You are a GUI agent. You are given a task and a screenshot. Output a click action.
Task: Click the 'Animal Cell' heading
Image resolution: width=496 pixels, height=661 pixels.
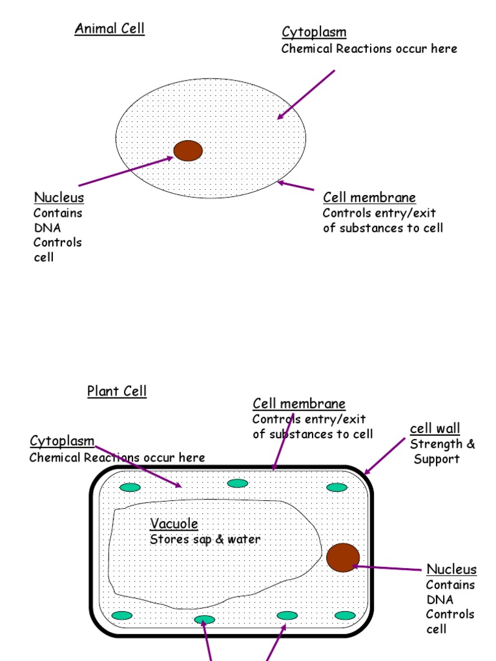click(109, 28)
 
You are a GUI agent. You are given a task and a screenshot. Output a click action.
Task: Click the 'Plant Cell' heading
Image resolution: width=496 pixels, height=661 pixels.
click(117, 391)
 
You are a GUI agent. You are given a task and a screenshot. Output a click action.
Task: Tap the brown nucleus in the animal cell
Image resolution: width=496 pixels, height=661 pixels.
click(188, 150)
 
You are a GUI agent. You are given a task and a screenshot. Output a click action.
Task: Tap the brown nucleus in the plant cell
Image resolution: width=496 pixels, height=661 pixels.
click(343, 557)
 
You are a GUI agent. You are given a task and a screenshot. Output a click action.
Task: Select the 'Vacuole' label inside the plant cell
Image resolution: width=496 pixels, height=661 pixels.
click(174, 524)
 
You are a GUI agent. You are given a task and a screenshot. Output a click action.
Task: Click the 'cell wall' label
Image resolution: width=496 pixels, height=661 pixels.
click(435, 429)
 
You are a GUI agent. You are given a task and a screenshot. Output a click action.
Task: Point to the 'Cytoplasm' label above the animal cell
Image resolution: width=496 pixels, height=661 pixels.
click(314, 32)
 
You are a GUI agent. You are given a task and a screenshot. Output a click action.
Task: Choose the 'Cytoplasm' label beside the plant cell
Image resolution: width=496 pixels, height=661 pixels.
click(62, 441)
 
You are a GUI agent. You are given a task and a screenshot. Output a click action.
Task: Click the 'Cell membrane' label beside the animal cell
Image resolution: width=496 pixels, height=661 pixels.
click(369, 198)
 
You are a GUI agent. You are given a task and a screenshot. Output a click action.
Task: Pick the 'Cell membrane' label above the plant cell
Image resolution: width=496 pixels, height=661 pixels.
click(299, 403)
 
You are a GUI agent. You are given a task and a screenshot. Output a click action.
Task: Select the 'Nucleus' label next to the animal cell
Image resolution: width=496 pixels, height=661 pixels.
click(59, 198)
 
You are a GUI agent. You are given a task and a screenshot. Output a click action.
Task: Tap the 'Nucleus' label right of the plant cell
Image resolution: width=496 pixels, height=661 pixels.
click(451, 569)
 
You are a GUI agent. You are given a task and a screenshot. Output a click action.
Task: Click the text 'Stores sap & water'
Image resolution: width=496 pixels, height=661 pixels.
click(205, 539)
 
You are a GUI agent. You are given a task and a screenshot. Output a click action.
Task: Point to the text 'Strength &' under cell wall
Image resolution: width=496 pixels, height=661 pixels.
click(442, 444)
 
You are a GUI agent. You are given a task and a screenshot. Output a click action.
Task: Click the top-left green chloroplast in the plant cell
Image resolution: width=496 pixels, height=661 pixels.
click(130, 487)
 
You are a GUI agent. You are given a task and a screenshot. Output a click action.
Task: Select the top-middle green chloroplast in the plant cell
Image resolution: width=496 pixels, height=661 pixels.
click(238, 483)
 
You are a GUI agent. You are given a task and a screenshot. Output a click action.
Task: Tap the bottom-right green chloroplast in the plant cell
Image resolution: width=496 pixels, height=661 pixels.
click(345, 615)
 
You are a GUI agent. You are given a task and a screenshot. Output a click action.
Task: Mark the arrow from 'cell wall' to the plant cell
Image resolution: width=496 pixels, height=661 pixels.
click(386, 455)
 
